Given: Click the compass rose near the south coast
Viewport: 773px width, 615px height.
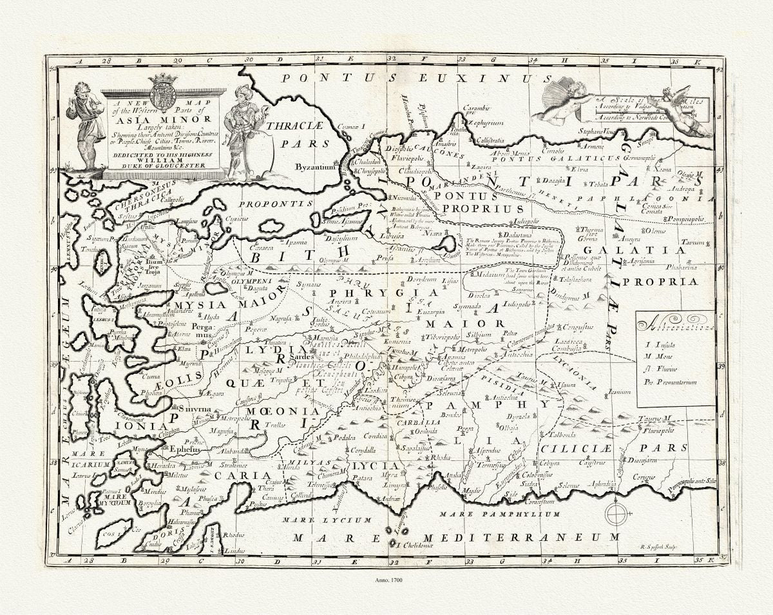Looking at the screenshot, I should click(616, 514).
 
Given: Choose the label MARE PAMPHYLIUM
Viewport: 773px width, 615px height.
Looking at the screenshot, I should click(499, 514).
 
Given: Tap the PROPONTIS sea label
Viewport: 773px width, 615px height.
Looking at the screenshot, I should click(275, 204).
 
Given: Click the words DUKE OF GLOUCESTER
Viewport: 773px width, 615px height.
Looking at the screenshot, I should click(165, 166).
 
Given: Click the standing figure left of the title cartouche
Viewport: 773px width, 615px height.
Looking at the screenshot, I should click(86, 126).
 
